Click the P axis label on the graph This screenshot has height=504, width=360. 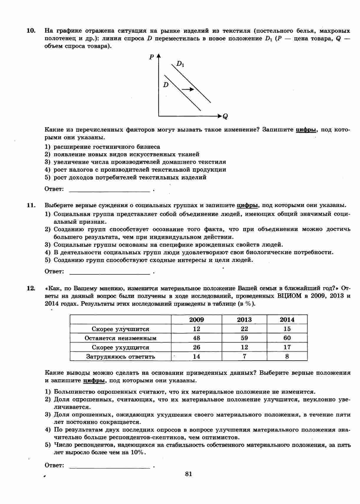coord(151,57)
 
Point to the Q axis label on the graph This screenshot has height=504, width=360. coord(225,117)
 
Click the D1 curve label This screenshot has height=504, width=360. coord(180,64)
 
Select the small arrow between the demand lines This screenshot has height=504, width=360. coord(188,89)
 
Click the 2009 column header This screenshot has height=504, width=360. coord(196,320)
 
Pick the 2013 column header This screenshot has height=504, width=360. coord(244,320)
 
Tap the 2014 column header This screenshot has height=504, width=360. coord(287,320)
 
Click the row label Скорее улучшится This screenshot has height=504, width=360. coord(120,329)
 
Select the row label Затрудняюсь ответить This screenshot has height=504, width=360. coord(120,357)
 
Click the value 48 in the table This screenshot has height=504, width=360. coord(196,338)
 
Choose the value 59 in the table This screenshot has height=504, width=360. coord(244,338)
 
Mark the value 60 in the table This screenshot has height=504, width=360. coord(287,338)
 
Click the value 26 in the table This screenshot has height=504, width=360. coord(196,347)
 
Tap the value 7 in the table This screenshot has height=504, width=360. coord(244,357)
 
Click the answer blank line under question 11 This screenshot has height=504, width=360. coord(110,273)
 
